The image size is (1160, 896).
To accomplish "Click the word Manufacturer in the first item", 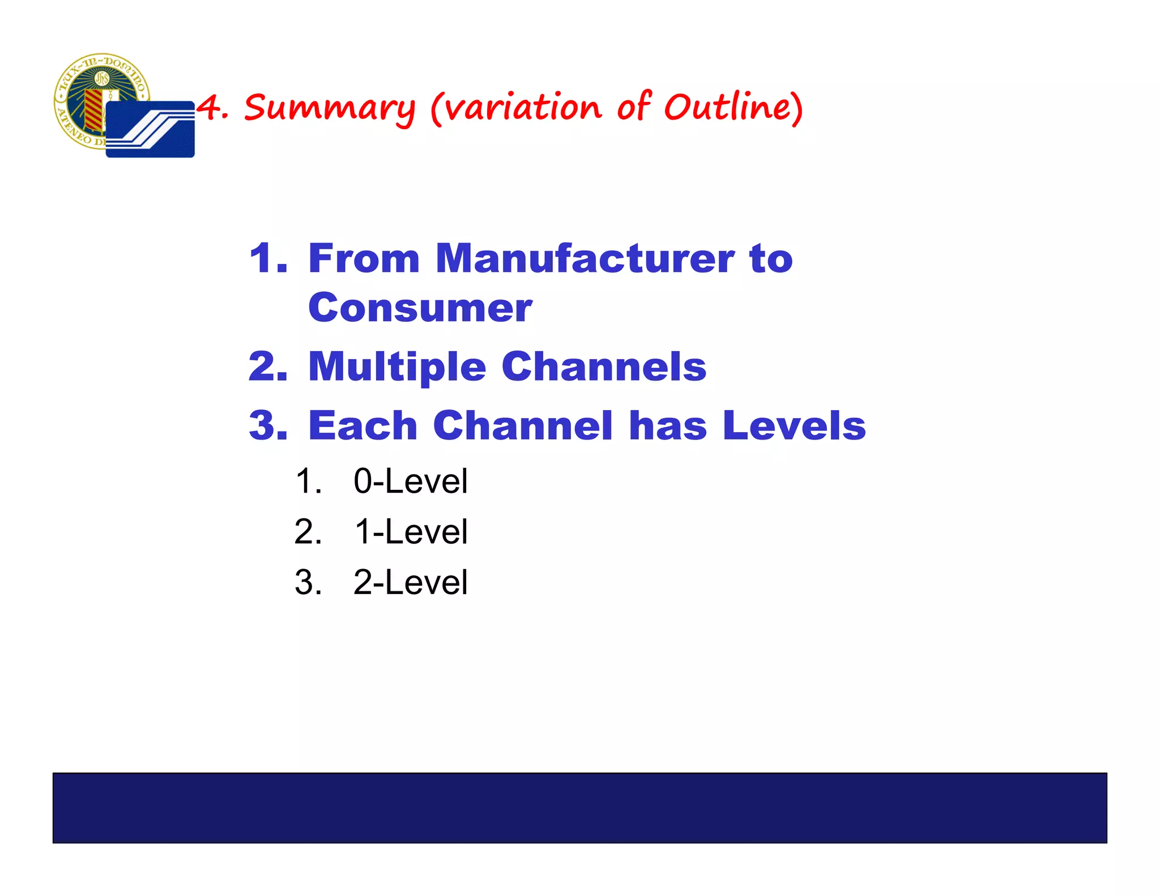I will (x=585, y=258).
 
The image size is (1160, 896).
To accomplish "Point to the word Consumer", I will (x=420, y=309).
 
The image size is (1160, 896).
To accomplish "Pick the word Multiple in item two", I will (x=397, y=367).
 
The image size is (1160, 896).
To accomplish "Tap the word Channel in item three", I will (x=523, y=425).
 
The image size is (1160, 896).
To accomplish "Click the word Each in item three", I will (x=362, y=425).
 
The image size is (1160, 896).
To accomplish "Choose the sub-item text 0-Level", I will (x=411, y=481).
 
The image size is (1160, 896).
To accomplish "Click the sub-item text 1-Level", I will (x=411, y=532).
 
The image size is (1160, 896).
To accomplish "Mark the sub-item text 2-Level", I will (x=411, y=582).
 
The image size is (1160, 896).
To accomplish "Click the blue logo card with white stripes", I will (x=150, y=129).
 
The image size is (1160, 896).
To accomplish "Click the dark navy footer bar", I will (x=579, y=808).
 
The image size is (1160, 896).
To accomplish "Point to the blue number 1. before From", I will (x=268, y=259).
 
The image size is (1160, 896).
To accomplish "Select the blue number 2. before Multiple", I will (x=268, y=367).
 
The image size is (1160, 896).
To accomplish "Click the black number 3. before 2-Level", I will (x=308, y=582).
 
